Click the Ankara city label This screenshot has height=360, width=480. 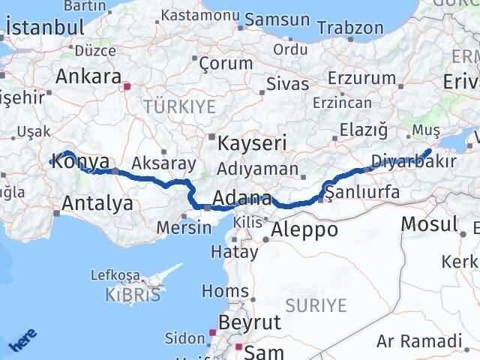[x=88, y=77]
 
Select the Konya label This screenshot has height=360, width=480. [x=82, y=161]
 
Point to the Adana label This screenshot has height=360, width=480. [x=241, y=199]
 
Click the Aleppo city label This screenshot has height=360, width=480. [x=304, y=230]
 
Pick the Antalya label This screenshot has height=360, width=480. [x=97, y=202]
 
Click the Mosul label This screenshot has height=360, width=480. [x=429, y=223]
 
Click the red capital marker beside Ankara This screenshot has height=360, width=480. [x=127, y=86]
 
